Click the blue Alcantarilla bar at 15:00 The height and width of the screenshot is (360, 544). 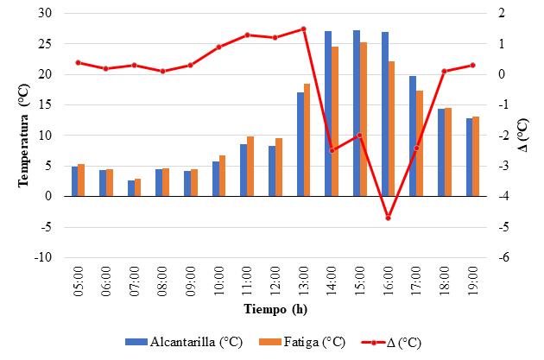[x=357, y=113]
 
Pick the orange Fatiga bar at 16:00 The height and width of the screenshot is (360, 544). [x=391, y=129]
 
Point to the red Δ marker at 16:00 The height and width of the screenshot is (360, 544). [x=388, y=218]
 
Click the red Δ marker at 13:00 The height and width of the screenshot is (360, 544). [x=303, y=28]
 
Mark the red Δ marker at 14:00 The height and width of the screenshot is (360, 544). [x=332, y=151]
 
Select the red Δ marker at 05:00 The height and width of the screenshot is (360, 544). [x=78, y=62]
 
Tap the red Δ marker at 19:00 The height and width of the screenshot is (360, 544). [x=472, y=65]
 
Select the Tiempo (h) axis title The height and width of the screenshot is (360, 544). [x=274, y=309]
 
